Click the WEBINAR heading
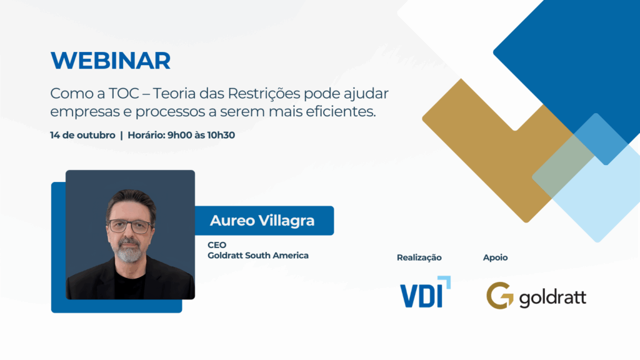click(110, 61)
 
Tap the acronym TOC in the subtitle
click(124, 94)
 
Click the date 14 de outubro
click(83, 135)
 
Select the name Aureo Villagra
click(262, 221)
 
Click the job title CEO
click(217, 245)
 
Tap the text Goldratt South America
click(258, 256)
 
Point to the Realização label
click(419, 257)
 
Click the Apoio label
click(495, 257)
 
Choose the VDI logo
click(425, 292)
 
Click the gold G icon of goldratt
click(499, 296)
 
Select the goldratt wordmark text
click(552, 297)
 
